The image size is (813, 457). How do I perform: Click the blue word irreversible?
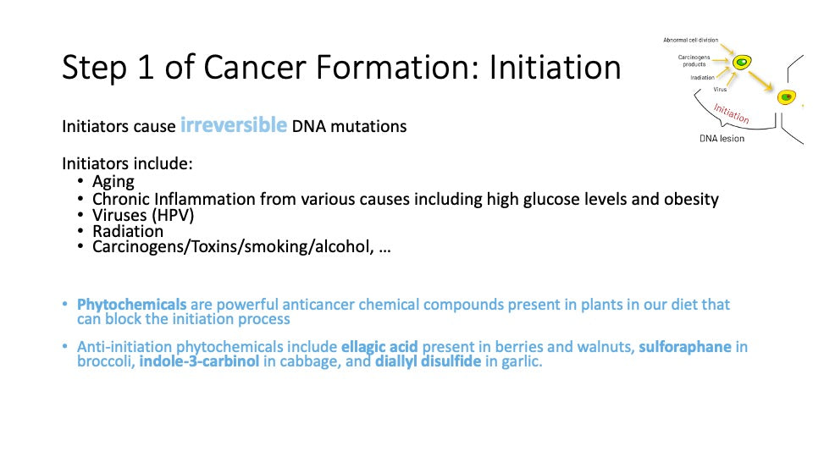pos(234,125)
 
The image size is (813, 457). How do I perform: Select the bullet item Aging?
pos(113,182)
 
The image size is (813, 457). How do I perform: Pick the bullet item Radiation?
pos(128,231)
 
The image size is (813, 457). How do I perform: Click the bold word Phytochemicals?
pos(132,304)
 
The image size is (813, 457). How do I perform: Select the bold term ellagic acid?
pos(379,347)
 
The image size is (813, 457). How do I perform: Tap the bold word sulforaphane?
pos(685,347)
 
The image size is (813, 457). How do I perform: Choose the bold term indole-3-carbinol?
pos(199,361)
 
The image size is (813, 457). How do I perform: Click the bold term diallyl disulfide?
pos(428,361)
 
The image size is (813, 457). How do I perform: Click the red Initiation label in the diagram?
pos(731,113)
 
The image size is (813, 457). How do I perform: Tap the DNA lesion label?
pos(722,138)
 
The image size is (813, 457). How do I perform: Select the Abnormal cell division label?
pos(691,40)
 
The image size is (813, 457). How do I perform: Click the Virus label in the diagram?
pos(720,89)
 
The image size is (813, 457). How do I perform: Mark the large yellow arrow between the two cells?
pos(761,82)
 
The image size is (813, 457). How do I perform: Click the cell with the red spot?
pos(787,96)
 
